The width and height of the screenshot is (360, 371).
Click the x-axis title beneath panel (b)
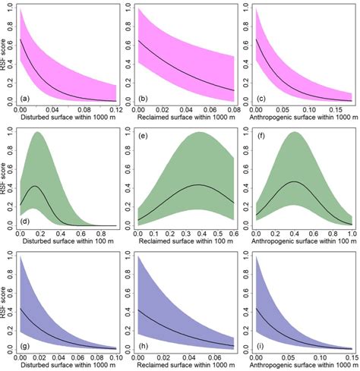(x=187, y=117)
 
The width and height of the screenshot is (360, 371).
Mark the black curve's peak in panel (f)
(x=296, y=182)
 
